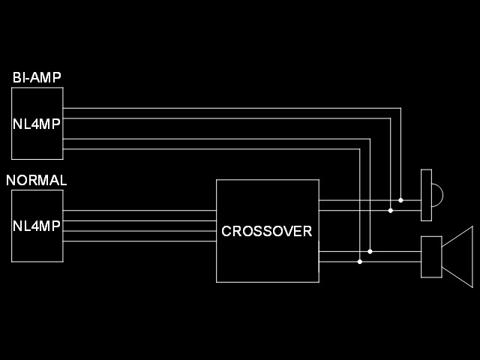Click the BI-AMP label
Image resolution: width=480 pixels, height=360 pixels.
point(37,77)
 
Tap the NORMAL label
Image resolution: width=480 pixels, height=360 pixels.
point(37,181)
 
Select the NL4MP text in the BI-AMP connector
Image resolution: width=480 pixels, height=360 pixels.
point(37,124)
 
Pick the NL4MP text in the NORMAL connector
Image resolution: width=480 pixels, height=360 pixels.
point(37,226)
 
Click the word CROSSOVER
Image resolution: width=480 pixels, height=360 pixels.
point(266,232)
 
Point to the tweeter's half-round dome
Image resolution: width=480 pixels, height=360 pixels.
point(437,196)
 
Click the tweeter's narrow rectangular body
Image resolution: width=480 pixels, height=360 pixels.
point(427,195)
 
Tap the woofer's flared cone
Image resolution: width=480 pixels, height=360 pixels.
point(459,256)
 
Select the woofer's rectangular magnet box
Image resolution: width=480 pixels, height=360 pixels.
point(431,256)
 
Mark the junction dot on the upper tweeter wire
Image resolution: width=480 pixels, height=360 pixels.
point(400,200)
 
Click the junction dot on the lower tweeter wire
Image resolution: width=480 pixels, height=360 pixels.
point(390,211)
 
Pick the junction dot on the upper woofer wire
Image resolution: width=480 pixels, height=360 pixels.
point(370,251)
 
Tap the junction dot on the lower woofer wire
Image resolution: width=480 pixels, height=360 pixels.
point(360,262)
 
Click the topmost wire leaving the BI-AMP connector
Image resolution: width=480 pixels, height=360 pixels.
point(225,108)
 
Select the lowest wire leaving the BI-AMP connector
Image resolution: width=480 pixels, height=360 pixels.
point(225,148)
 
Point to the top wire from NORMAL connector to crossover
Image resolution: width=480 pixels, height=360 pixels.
point(139,211)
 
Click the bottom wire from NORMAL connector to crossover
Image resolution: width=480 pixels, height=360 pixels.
point(139,241)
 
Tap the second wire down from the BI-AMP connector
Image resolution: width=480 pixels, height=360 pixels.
point(225,118)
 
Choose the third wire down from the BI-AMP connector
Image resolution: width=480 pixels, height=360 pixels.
point(225,139)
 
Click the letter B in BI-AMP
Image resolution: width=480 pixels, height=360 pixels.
point(16,77)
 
